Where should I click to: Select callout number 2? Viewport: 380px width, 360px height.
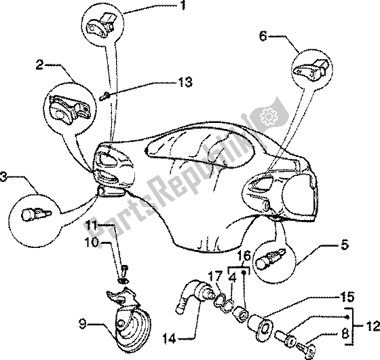[x=41, y=65]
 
